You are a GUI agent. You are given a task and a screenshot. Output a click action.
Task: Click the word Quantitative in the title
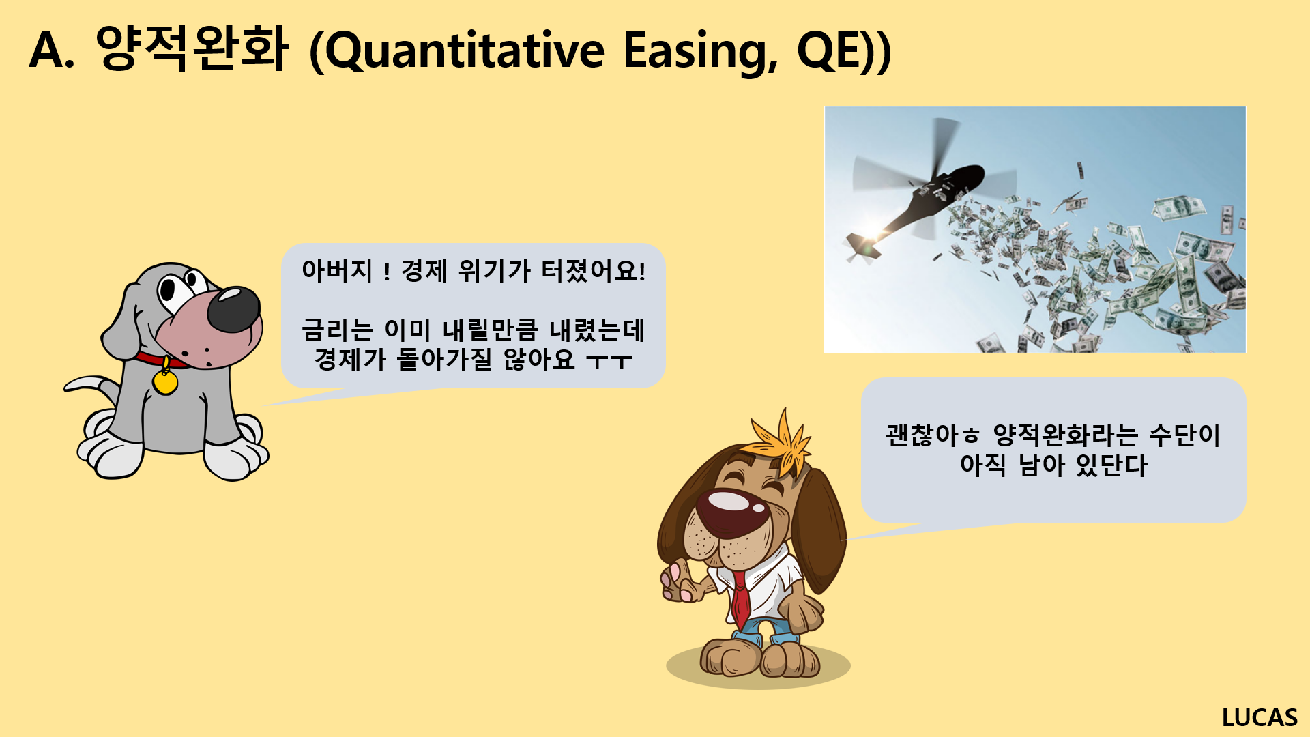point(464,51)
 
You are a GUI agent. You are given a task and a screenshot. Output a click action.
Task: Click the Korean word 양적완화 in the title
point(192,48)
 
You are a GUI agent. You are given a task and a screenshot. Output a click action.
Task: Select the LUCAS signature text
point(1260,717)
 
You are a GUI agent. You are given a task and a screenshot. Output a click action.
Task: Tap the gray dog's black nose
point(233,309)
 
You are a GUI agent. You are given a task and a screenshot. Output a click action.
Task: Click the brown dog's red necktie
point(740,601)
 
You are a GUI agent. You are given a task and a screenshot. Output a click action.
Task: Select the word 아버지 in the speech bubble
point(337,271)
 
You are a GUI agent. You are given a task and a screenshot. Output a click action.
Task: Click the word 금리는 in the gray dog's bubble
point(337,330)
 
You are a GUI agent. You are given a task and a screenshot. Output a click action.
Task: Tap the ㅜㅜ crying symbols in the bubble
point(609,361)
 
